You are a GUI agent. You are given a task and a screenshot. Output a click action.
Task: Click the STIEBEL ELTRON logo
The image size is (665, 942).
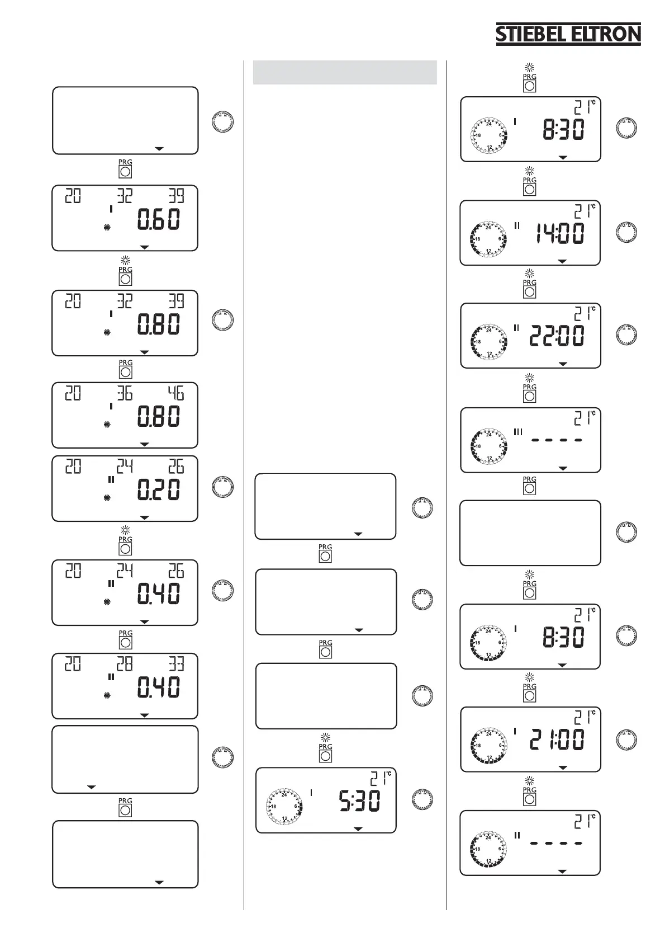click(568, 34)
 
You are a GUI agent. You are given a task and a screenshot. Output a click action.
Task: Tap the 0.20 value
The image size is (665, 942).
click(159, 491)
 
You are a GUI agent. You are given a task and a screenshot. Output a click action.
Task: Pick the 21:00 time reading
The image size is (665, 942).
click(557, 740)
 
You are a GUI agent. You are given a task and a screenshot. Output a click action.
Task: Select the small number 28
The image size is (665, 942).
click(124, 664)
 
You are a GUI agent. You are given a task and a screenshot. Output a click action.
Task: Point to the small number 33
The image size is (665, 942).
click(176, 664)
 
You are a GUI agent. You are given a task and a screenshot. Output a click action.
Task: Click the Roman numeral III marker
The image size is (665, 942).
click(517, 431)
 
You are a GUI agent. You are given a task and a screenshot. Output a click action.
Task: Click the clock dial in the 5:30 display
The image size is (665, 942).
click(284, 806)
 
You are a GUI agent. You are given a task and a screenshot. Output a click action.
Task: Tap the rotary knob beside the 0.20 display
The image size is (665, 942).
click(222, 487)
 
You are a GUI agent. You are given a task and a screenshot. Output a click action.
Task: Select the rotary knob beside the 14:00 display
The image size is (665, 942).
click(626, 232)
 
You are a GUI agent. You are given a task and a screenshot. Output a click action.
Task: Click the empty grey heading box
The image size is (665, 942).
click(344, 72)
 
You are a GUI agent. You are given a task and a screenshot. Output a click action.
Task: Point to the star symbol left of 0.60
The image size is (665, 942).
click(107, 227)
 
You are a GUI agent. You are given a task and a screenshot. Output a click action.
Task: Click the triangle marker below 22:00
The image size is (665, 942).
click(563, 364)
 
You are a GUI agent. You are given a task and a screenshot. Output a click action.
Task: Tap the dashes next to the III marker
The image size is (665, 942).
click(557, 440)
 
